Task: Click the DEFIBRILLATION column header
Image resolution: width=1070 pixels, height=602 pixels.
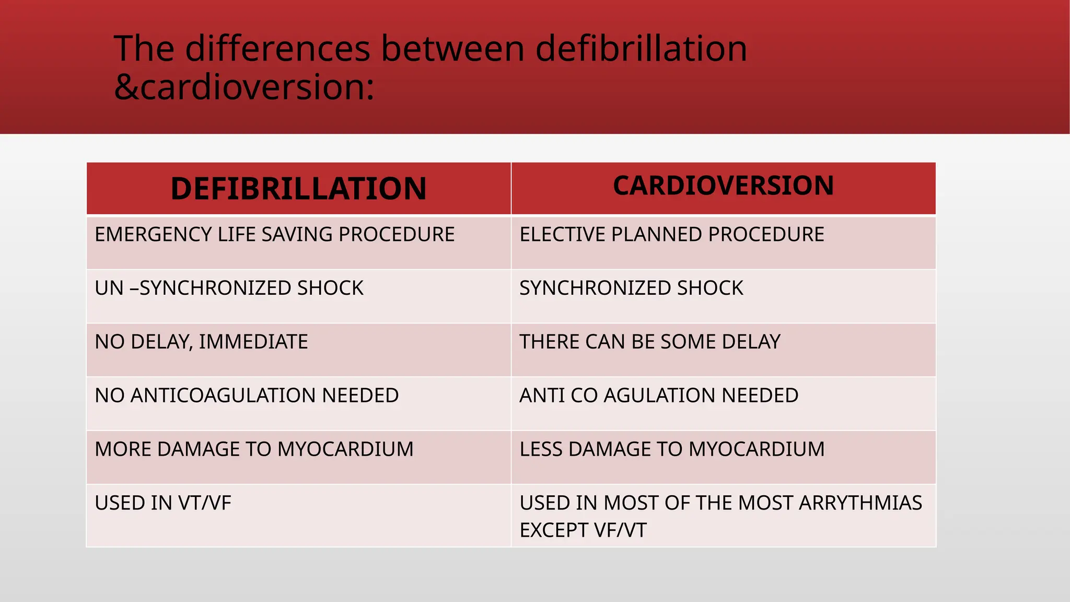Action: tap(298, 189)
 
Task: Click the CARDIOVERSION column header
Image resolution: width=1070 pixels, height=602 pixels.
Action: tap(723, 186)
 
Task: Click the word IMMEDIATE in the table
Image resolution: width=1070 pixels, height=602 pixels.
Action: tap(253, 342)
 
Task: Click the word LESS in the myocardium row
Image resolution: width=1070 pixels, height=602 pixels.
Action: tap(541, 449)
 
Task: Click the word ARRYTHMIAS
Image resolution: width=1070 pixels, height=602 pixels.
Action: tap(860, 503)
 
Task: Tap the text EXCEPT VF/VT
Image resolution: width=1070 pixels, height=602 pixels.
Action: tap(583, 530)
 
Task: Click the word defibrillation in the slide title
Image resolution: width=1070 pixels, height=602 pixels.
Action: tap(641, 49)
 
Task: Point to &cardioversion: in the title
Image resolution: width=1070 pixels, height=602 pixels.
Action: tap(244, 87)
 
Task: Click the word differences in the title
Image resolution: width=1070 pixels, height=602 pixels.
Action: tap(277, 49)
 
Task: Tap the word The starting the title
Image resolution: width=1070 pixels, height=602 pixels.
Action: tap(144, 49)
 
